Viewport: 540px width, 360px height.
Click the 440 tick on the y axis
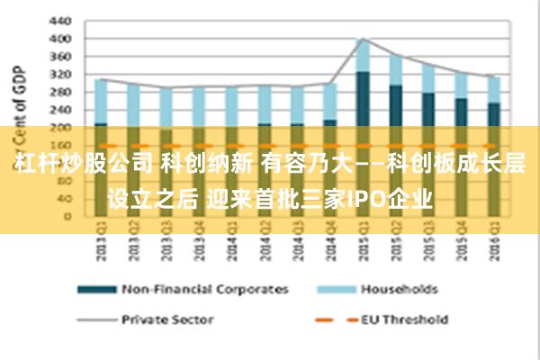click(x=59, y=20)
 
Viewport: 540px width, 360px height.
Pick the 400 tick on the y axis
click(x=59, y=39)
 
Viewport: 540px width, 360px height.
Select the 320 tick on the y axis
click(x=59, y=74)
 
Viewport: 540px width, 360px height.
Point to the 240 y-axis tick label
click(x=59, y=110)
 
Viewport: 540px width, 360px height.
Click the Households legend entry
click(x=399, y=290)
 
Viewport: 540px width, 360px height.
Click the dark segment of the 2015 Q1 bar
click(x=363, y=99)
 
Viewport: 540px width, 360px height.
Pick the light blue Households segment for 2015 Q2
click(x=395, y=70)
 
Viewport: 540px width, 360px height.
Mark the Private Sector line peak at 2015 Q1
click(x=363, y=39)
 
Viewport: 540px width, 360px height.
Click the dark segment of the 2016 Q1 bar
click(x=492, y=114)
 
